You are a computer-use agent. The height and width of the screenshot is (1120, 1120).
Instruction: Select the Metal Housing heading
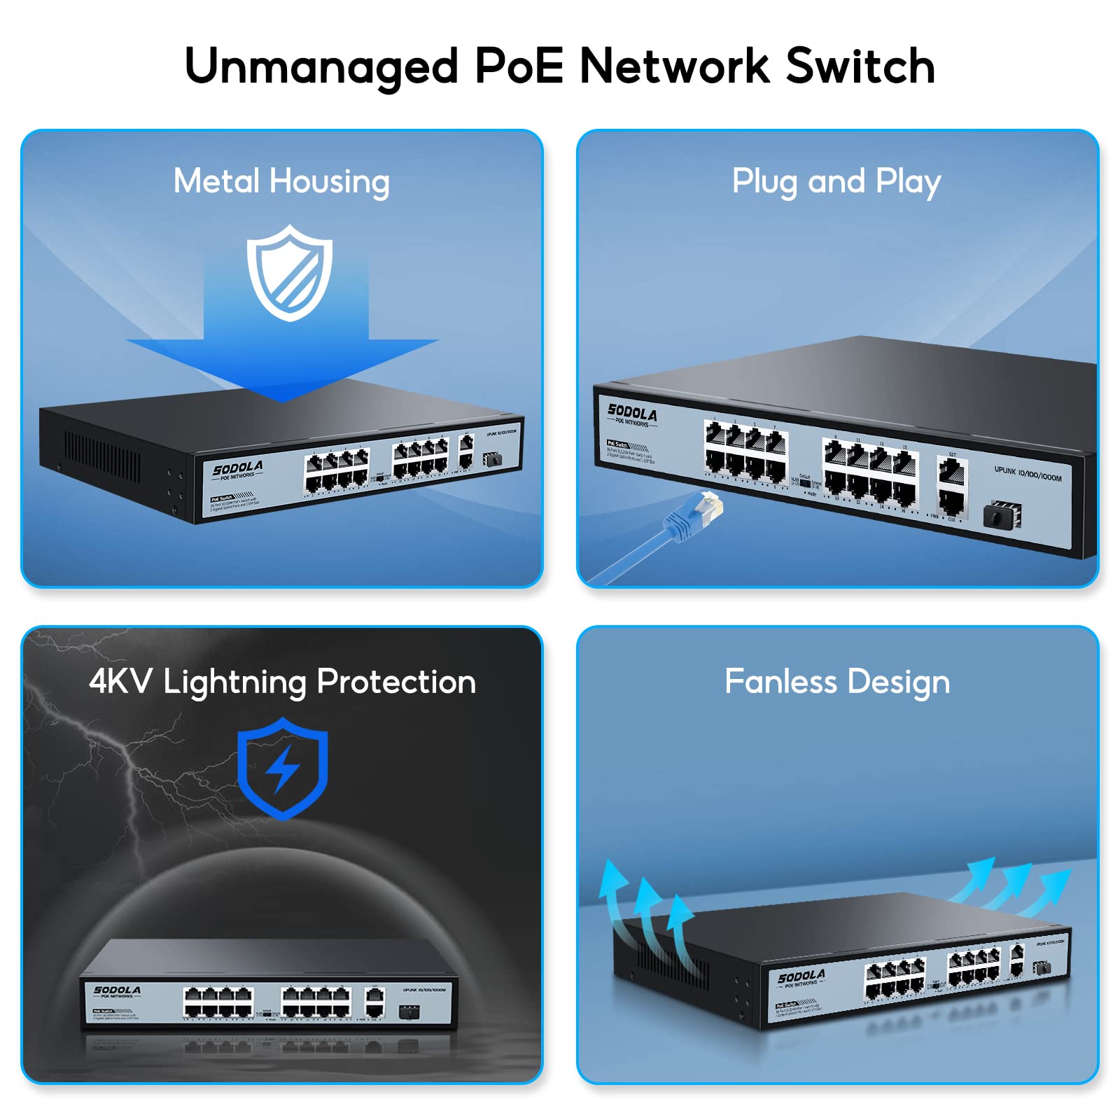281,181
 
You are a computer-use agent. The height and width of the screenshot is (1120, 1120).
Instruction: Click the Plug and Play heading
836,181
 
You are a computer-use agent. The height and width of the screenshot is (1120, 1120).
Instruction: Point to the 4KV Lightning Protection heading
282,682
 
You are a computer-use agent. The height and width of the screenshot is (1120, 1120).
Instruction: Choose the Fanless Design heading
837,682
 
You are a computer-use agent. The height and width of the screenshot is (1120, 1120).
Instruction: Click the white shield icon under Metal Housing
289,273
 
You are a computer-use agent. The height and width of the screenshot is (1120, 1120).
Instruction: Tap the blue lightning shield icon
283,768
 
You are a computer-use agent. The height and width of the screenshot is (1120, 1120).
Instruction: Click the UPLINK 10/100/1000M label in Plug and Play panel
1028,474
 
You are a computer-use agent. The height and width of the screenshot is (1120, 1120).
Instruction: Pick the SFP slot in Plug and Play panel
1002,516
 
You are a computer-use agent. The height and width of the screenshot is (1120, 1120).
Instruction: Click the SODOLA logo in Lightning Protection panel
117,990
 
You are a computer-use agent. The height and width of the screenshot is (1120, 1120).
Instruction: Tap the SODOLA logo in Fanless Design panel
801,976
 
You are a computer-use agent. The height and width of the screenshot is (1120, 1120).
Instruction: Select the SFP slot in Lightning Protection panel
409,1011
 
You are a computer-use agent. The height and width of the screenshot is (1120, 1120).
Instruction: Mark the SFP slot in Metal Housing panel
492,459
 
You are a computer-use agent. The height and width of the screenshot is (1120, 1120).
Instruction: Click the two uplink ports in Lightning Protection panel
374,1002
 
